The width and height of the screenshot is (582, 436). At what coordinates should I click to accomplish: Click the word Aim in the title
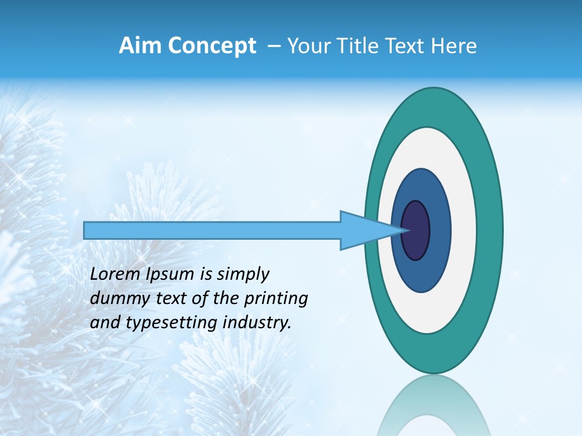pos(139,46)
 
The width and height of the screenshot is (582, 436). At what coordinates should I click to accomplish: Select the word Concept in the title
pos(211,47)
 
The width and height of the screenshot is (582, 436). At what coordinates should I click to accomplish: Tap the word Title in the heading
pos(355,46)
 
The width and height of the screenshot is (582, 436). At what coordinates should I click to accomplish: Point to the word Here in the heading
pos(453,46)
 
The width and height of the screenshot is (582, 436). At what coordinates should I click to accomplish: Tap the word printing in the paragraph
pos(275,299)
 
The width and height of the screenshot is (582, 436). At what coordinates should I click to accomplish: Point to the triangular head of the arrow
pos(364,230)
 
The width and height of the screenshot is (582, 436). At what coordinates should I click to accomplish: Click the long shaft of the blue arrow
pos(212,230)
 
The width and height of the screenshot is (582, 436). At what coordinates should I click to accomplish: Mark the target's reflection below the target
pos(433,406)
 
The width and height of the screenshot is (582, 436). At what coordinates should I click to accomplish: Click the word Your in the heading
pos(306,46)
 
